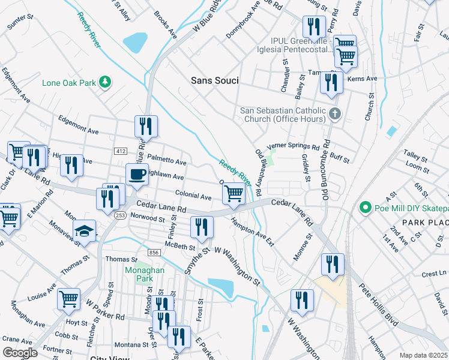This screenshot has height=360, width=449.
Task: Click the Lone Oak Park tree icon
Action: [106, 82]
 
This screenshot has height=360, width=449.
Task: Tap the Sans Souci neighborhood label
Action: [214, 80]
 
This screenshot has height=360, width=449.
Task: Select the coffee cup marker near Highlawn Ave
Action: [137, 174]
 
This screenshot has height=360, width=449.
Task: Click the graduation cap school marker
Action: [85, 231]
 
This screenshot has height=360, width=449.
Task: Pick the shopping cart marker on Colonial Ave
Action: [234, 193]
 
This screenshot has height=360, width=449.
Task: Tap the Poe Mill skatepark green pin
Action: [364, 208]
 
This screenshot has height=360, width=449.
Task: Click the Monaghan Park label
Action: [140, 275]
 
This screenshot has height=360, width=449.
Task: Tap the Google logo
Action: [20, 352]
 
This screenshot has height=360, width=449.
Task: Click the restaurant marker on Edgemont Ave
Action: [146, 126]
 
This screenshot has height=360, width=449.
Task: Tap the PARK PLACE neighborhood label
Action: [425, 223]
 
